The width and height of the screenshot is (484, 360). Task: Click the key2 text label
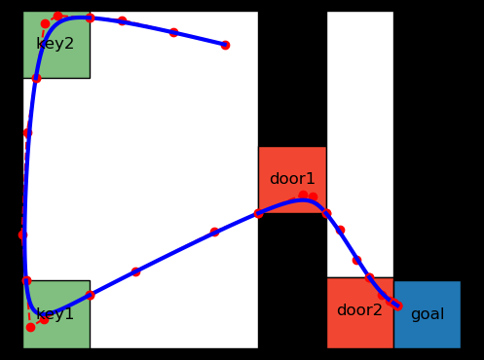[x=55, y=44]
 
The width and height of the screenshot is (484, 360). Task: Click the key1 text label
[x=56, y=314]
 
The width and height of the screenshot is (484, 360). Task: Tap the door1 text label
[x=292, y=179]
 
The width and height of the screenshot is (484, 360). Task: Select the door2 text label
[x=359, y=310]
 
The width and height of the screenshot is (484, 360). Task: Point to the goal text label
[x=428, y=314]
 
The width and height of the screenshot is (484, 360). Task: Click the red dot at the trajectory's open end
[x=225, y=45]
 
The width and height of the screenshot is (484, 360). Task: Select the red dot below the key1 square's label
[x=30, y=327]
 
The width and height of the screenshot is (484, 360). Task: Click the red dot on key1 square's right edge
[x=90, y=295]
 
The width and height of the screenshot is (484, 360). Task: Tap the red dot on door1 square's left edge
[x=258, y=213]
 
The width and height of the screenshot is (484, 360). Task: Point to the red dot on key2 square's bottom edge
[x=36, y=78]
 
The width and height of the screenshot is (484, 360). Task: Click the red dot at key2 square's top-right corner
[x=90, y=18]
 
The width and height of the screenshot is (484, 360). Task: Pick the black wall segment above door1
[x=292, y=78]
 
